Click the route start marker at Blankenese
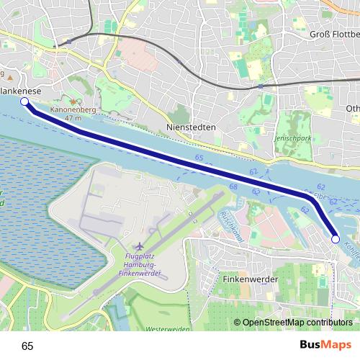tap(25, 102)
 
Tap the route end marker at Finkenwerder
tap(335, 239)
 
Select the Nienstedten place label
tap(191, 126)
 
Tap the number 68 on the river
tap(233, 187)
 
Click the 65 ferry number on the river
tap(198, 156)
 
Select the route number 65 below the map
tap(27, 346)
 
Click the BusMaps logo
tap(325, 345)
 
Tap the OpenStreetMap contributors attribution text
tap(297, 323)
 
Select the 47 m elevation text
tap(72, 117)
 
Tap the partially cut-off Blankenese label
tap(19, 91)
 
